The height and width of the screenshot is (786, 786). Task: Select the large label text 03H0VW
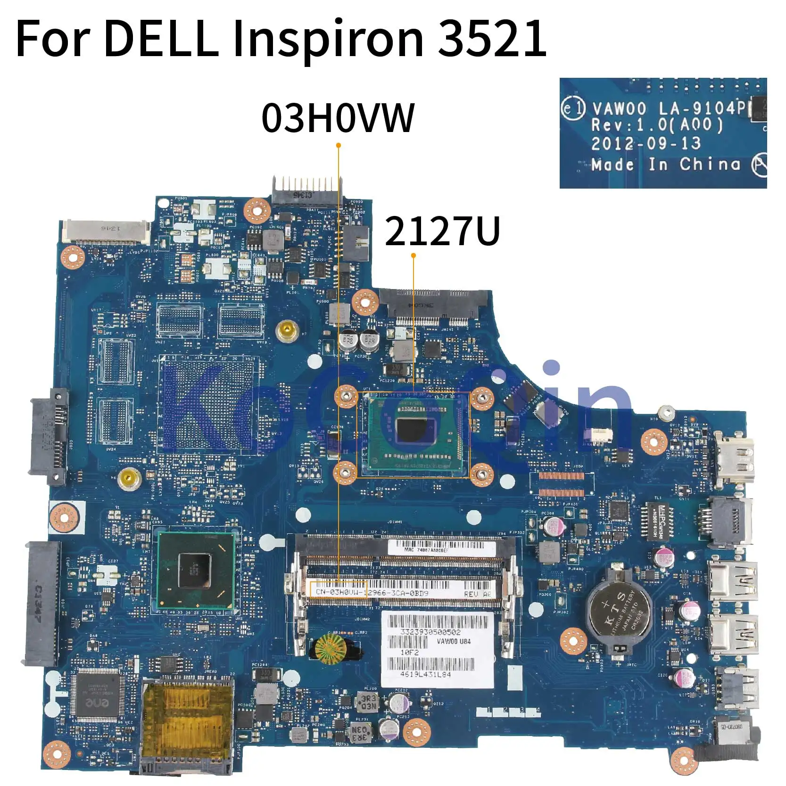(338, 118)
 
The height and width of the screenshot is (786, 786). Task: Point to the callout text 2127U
(442, 232)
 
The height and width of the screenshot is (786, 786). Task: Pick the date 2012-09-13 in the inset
(645, 143)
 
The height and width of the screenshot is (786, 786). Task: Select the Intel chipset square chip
(195, 571)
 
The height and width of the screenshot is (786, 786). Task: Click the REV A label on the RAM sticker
(477, 594)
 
